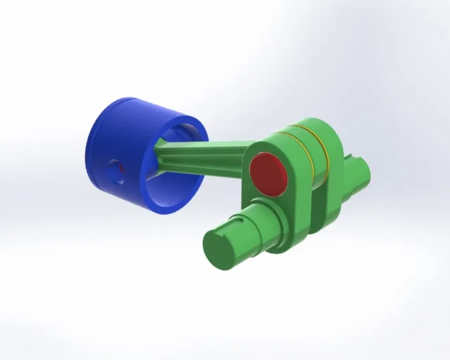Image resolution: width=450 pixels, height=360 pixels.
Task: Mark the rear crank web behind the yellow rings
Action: pyautogui.click(x=333, y=193)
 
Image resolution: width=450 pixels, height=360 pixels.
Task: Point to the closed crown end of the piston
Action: pyautogui.click(x=93, y=153)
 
